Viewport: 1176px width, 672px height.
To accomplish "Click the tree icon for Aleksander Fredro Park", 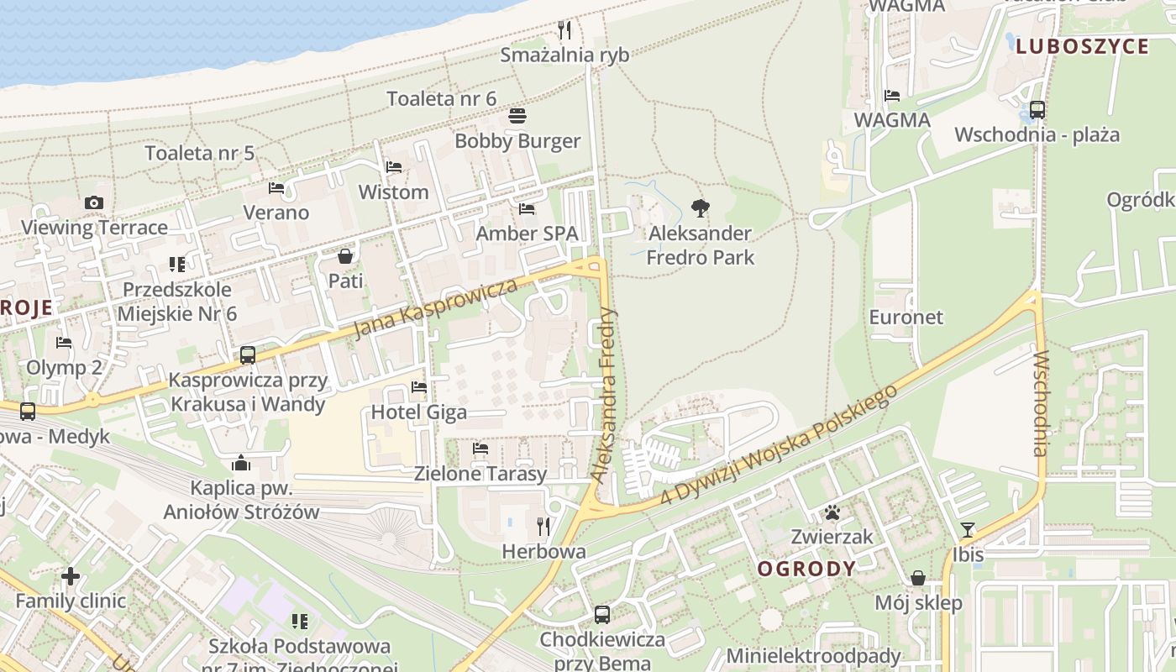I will click(699, 208).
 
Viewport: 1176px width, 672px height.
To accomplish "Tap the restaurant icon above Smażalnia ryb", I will click(564, 30).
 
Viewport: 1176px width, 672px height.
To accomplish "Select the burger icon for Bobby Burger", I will click(517, 116).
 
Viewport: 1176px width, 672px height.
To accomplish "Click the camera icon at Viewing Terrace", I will click(94, 202).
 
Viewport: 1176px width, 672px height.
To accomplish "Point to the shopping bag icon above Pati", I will click(345, 255).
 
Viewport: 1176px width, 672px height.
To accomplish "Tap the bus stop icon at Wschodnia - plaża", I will click(1037, 109).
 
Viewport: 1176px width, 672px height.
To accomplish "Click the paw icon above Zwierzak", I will click(832, 512).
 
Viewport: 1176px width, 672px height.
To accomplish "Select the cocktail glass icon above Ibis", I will click(968, 529).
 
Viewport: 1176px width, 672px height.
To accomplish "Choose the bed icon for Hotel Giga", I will click(419, 387).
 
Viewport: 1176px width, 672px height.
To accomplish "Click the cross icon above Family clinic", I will click(71, 576).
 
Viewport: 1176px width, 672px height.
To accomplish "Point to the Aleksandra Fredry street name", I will click(604, 395).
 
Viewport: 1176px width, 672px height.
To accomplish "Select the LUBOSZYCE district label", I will click(1082, 46).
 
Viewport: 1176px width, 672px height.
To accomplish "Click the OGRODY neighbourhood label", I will click(806, 569).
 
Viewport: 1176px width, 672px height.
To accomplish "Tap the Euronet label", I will click(906, 318).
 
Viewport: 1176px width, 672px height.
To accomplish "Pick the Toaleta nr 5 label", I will click(199, 153).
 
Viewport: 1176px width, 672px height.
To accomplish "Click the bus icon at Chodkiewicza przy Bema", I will click(602, 614).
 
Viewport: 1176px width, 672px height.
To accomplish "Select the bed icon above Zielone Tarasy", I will click(480, 449).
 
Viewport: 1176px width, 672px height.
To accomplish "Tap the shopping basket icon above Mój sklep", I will click(918, 578).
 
